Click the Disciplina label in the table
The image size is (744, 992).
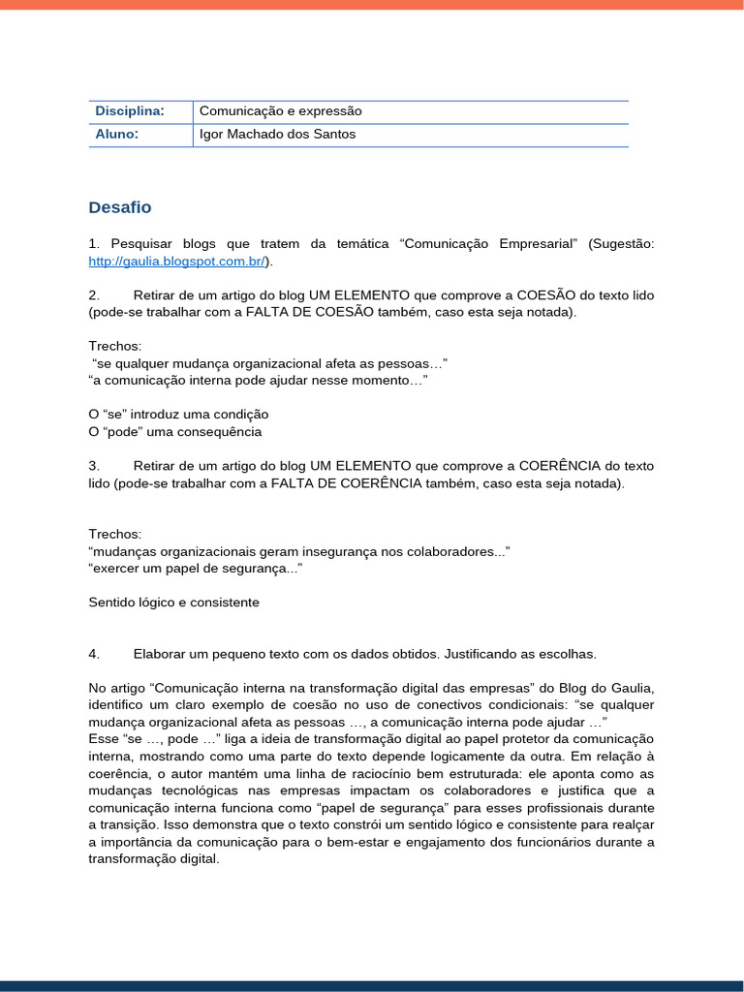click(129, 111)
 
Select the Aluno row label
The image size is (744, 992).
click(116, 135)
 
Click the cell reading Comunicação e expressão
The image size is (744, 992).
click(280, 111)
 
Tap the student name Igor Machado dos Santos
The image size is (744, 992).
click(277, 135)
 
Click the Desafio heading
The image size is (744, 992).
click(119, 207)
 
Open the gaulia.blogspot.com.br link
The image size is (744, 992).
click(177, 262)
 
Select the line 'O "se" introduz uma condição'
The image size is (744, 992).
click(178, 415)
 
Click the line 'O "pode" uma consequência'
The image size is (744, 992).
click(174, 432)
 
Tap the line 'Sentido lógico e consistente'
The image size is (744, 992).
click(173, 603)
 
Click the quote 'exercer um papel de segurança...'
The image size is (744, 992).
click(195, 569)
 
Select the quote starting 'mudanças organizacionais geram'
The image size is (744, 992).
click(298, 551)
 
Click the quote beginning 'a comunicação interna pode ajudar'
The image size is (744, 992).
click(258, 381)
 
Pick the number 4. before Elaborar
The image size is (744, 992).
click(94, 654)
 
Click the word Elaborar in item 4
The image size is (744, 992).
click(161, 654)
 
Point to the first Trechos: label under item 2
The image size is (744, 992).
click(114, 346)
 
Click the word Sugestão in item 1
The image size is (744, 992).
click(621, 244)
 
